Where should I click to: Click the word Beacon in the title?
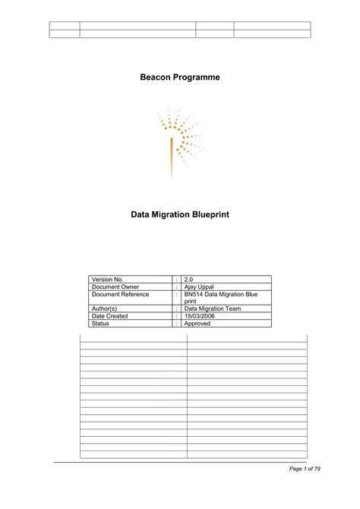point(155,78)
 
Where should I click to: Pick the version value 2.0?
point(190,280)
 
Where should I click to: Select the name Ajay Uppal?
point(200,287)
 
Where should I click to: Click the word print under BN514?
point(191,301)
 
